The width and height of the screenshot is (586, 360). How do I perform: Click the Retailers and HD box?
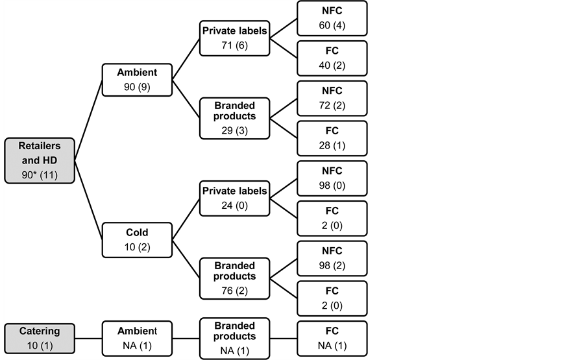tap(39, 160)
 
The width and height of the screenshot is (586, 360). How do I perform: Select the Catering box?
tap(39, 337)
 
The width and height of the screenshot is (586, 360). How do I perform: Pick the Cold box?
tap(136, 239)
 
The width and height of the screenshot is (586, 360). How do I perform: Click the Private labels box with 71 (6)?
tap(234, 40)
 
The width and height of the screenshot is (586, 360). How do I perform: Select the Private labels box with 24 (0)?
tap(234, 199)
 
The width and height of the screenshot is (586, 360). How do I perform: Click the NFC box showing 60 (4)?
tap(332, 19)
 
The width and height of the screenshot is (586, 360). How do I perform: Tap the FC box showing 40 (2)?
tap(332, 59)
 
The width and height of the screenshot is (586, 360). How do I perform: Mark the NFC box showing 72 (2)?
tap(332, 99)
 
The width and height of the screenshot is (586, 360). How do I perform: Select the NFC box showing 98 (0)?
tap(332, 179)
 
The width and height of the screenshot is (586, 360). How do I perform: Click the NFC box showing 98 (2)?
tap(332, 259)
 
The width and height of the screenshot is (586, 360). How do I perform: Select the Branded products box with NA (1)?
tap(234, 337)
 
